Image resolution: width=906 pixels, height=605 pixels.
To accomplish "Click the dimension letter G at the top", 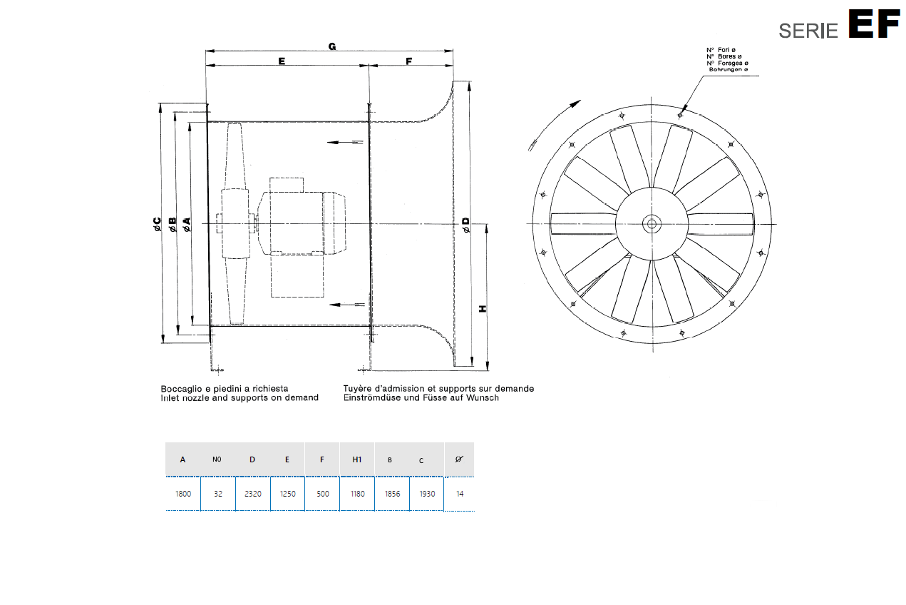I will coord(332,46).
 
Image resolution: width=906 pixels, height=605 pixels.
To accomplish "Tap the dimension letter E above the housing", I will coord(282,62).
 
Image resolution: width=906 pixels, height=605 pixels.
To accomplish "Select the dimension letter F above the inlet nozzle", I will coord(409,62).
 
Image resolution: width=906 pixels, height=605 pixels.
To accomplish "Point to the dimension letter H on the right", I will coord(483,308).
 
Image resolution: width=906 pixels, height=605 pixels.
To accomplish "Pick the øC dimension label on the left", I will coord(158,225).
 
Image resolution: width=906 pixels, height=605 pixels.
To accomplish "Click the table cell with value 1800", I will coord(183,494).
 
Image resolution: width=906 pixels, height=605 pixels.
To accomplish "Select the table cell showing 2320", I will coord(252,494).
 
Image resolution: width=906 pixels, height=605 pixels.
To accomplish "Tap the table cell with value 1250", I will coord(287,494).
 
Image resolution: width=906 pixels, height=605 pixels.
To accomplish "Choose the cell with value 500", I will coord(322,494).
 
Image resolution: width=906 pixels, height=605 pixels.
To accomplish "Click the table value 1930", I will coord(426,494).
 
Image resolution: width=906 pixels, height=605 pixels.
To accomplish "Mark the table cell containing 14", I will coord(460,494).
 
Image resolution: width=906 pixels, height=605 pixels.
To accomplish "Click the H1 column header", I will coord(357,459).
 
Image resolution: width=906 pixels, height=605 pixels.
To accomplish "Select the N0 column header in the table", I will coord(217,459).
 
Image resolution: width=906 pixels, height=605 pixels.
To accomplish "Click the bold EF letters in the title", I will coord(873,25).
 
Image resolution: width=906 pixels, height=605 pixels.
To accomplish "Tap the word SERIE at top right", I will coord(808,31).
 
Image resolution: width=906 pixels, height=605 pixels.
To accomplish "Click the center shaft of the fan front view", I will coord(651,224).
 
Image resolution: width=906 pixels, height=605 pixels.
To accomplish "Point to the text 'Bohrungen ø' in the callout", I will coord(728,70).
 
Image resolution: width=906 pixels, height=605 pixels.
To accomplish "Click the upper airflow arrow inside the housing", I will coord(345,143).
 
